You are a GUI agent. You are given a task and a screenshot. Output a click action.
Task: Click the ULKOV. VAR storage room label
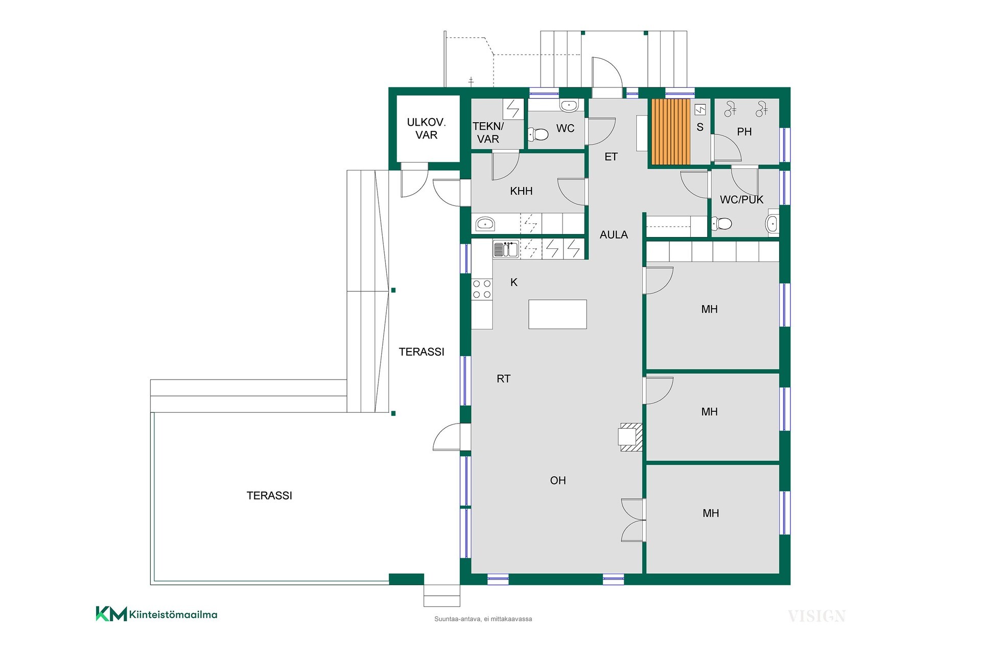[426, 128]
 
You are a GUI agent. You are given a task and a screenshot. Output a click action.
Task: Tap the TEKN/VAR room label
[488, 132]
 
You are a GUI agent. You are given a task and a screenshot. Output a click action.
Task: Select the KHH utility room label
[521, 191]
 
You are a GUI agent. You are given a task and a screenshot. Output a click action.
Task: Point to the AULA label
[614, 235]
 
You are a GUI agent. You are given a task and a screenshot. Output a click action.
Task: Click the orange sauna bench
[671, 132]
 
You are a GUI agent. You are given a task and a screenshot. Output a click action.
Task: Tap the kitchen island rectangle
[557, 314]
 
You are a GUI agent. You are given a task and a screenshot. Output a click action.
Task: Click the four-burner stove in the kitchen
[482, 289]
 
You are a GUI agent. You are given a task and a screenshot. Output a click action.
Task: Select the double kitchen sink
[506, 249]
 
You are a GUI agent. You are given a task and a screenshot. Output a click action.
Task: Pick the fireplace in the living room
[630, 437]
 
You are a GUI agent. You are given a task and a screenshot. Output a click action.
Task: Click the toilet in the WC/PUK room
[721, 223]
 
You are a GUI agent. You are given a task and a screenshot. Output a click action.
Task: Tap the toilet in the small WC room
[538, 135]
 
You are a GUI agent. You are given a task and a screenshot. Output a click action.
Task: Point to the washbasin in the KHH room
[484, 223]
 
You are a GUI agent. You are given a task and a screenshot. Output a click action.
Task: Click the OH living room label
[558, 480]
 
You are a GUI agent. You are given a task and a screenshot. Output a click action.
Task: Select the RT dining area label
[503, 379]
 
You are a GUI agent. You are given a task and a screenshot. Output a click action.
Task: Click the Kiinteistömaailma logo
[156, 614]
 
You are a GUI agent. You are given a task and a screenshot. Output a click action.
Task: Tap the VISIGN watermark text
[816, 616]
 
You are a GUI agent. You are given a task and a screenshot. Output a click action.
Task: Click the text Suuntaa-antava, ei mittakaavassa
[483, 619]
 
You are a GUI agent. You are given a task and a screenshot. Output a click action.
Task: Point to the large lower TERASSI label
[269, 496]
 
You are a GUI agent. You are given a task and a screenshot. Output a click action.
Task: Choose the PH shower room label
[744, 132]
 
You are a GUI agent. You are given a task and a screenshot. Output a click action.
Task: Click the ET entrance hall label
[611, 157]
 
